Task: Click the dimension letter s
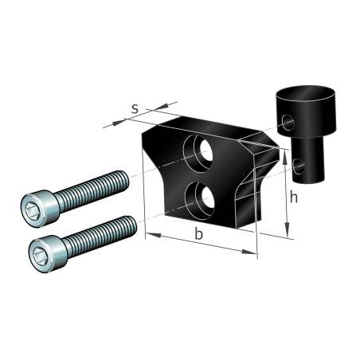click(x=135, y=109)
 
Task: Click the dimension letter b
click(x=198, y=233)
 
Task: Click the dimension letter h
click(x=293, y=197)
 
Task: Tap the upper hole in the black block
click(x=198, y=154)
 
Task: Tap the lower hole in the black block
click(x=200, y=201)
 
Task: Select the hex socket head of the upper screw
click(x=39, y=209)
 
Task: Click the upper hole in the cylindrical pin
click(x=288, y=123)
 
